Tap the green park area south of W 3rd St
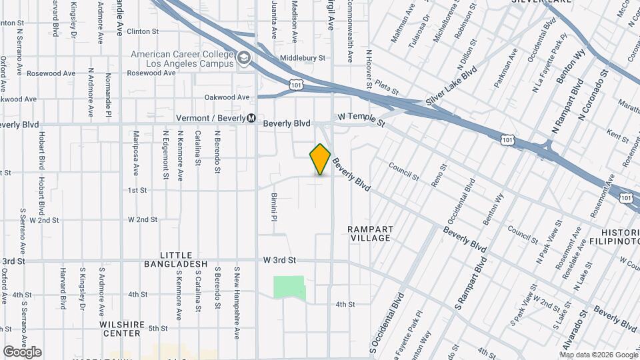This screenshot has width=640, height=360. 289,287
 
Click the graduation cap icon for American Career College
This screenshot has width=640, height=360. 243,59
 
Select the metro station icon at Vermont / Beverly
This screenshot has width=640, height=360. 251,119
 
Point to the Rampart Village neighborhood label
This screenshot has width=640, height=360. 371,233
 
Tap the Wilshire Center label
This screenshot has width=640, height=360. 122,329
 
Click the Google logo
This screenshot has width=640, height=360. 21,352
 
